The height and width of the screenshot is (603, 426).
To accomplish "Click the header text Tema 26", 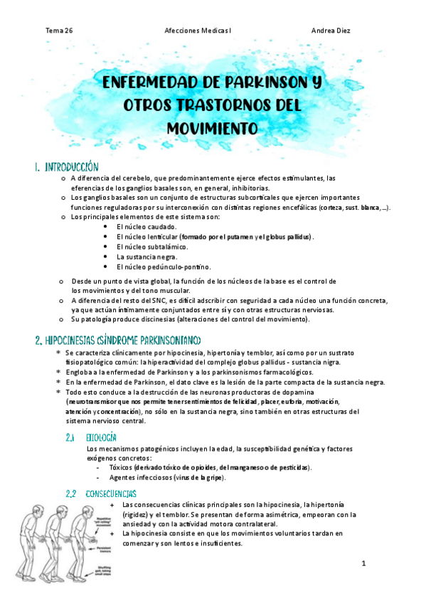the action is pos(59,31).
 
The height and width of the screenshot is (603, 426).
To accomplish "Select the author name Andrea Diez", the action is pos(331,31).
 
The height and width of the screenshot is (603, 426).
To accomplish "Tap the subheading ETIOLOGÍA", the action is pos(101,437).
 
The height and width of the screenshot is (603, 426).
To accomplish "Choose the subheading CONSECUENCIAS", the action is pos(111,493).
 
